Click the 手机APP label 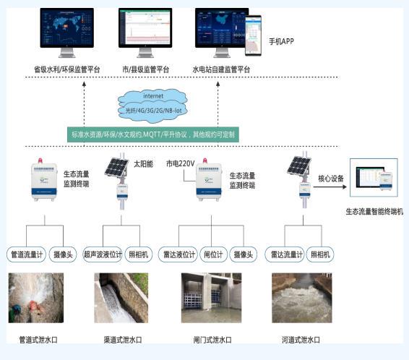[x=282, y=41]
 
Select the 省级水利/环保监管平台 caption [x=66, y=69]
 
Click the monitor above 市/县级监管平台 [x=145, y=32]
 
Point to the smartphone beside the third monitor [x=252, y=35]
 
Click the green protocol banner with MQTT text [x=152, y=134]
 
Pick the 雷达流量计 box [x=285, y=254]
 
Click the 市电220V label [x=181, y=163]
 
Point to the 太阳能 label [x=143, y=163]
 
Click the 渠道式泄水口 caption [x=121, y=340]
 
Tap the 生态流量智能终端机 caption [x=374, y=211]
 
